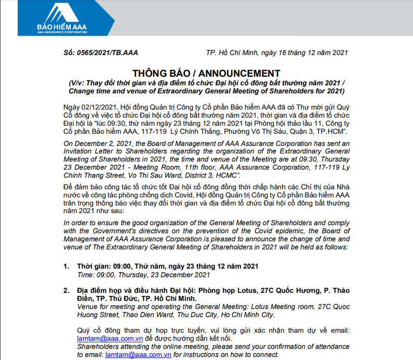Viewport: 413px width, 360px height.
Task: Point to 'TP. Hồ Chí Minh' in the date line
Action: point(232,53)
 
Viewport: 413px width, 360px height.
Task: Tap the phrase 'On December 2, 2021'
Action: point(96,143)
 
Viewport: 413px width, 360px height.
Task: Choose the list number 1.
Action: point(66,266)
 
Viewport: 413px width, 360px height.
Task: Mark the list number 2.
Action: point(66,291)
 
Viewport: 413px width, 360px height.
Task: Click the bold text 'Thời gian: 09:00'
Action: point(104,266)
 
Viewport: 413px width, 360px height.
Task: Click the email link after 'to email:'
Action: point(137,355)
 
